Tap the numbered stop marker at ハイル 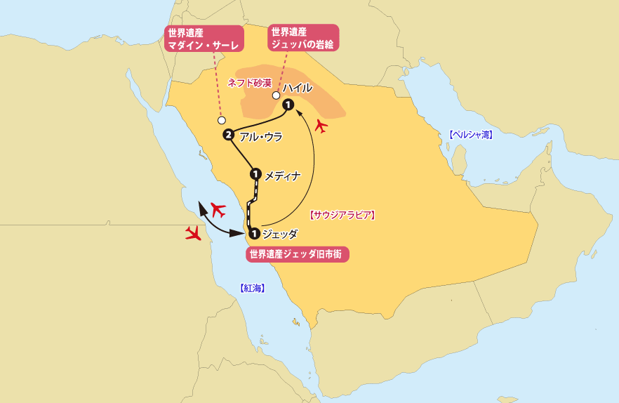click(x=288, y=105)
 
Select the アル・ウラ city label click(x=261, y=137)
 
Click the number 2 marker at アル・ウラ click(x=228, y=135)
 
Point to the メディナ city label click(x=283, y=176)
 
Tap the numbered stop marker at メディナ click(x=255, y=173)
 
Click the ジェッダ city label click(x=279, y=234)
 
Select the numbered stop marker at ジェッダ click(x=253, y=234)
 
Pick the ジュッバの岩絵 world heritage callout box click(x=302, y=38)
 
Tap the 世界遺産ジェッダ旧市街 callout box click(x=298, y=254)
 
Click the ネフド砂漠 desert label click(x=250, y=82)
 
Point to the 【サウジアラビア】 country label click(x=342, y=216)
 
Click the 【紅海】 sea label click(x=252, y=288)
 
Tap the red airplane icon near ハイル click(x=321, y=126)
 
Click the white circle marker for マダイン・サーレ click(x=222, y=120)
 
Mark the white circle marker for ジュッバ click(x=276, y=95)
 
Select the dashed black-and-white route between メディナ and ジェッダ click(x=251, y=204)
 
